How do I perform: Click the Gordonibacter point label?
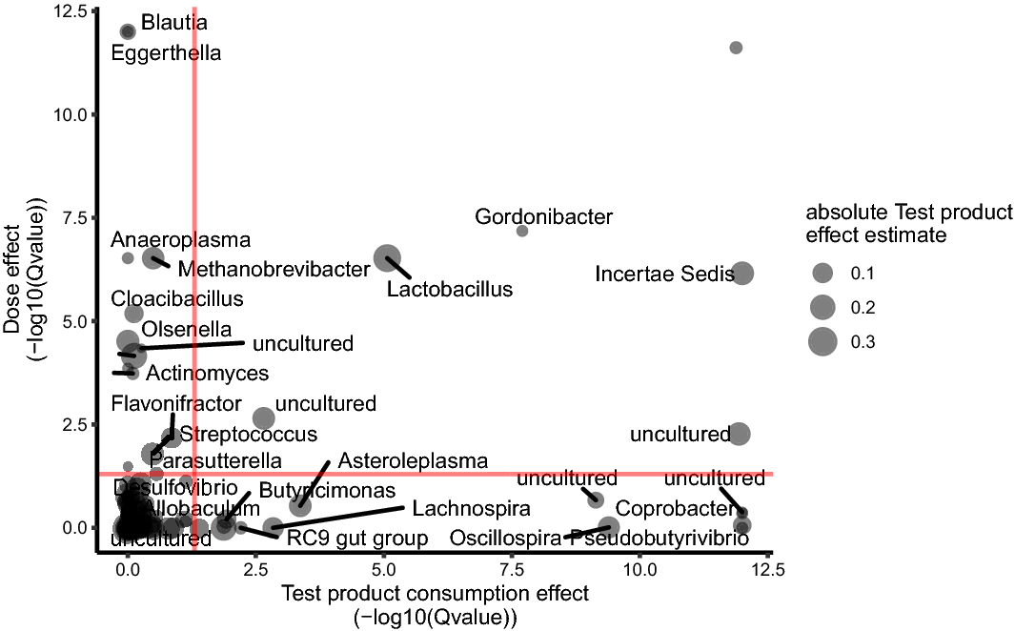(x=543, y=217)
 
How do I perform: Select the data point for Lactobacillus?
(x=387, y=257)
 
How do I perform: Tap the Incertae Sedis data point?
(x=742, y=274)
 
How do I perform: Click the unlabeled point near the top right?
(x=736, y=48)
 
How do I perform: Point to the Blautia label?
(x=174, y=21)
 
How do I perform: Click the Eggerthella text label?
(x=166, y=53)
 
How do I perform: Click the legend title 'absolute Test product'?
(x=909, y=213)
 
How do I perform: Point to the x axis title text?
(x=435, y=594)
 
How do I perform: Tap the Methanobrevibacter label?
(x=273, y=270)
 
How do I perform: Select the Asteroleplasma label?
(x=413, y=461)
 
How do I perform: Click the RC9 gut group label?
(x=357, y=539)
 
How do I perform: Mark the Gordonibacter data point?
(x=522, y=231)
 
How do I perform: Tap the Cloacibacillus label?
(x=176, y=298)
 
